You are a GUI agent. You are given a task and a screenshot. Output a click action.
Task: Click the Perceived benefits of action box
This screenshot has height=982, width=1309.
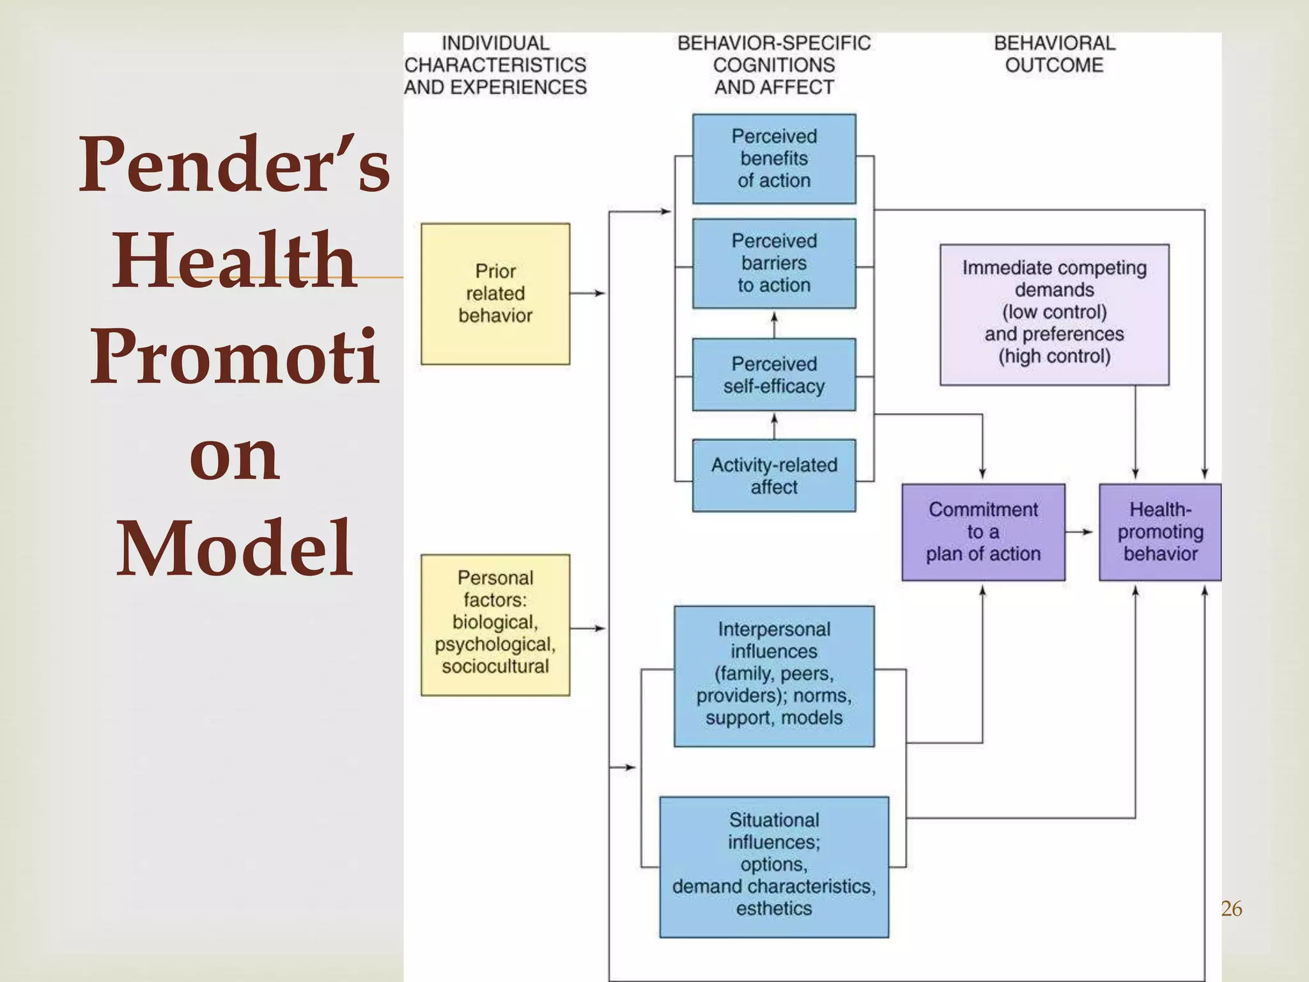point(773,159)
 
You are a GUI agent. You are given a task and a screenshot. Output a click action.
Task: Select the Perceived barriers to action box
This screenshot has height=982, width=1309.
point(773,263)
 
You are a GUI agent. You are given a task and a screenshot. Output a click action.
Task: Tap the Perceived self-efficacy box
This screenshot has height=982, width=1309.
point(773,375)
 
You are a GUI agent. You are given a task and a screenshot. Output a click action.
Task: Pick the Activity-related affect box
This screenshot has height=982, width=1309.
point(773,476)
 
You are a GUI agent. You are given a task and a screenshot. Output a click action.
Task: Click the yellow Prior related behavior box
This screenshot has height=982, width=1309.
point(495,293)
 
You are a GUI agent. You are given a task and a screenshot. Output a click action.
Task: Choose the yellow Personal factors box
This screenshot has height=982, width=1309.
point(495,625)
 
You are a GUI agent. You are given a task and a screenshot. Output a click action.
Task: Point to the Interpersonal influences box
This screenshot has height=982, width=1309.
point(773,676)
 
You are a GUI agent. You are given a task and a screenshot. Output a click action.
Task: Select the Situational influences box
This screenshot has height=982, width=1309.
point(773,866)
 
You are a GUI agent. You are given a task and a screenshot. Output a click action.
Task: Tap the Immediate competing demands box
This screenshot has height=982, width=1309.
point(1054,314)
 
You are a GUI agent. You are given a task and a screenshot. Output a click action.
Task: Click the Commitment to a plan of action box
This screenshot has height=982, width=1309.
point(983,532)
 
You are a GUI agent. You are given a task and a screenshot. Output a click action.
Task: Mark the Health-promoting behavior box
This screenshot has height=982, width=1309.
point(1159,532)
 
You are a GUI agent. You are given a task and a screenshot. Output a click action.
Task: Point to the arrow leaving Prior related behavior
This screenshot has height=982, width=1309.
point(587,293)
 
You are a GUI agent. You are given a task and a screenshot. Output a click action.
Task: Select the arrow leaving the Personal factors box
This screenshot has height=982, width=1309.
point(587,628)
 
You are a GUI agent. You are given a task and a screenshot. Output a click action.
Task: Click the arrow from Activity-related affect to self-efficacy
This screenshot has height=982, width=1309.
point(774,426)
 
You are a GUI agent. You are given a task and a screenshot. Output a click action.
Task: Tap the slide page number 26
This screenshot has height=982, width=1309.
point(1231,908)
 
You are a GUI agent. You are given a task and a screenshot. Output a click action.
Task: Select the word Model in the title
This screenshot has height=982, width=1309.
point(235,549)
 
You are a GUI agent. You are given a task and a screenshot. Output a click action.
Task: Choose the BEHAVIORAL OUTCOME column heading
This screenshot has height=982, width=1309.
point(1054,54)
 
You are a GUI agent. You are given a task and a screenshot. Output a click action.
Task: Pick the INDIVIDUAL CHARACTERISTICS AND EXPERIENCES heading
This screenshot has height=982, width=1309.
point(495,65)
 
